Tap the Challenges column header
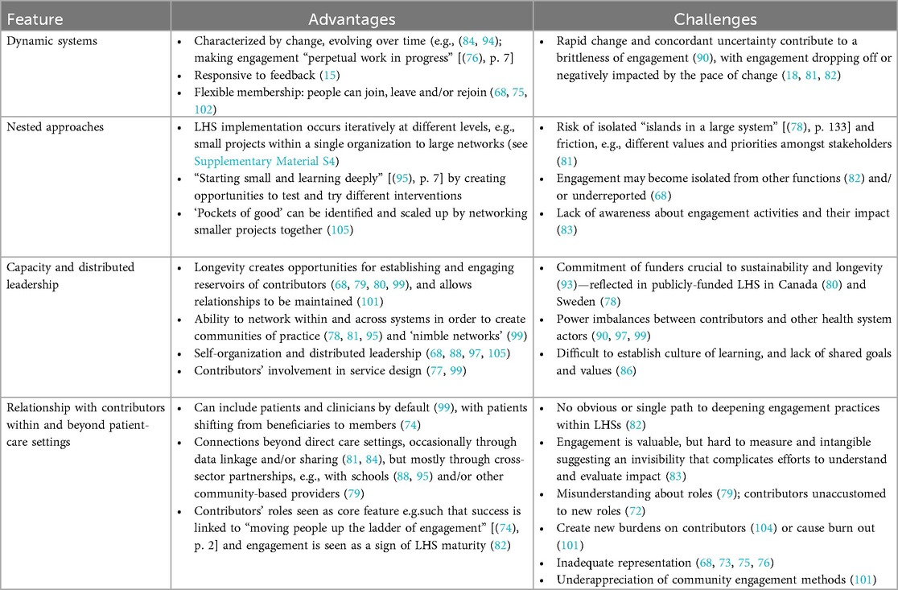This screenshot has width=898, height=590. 715,16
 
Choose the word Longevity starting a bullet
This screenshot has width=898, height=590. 216,266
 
